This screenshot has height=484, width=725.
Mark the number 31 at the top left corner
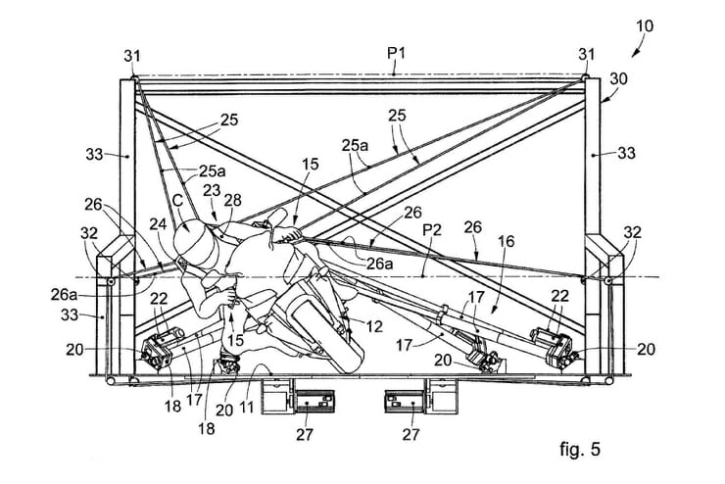coord(134,56)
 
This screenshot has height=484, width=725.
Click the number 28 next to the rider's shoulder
coord(231,200)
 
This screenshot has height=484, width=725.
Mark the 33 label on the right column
coord(627,153)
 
